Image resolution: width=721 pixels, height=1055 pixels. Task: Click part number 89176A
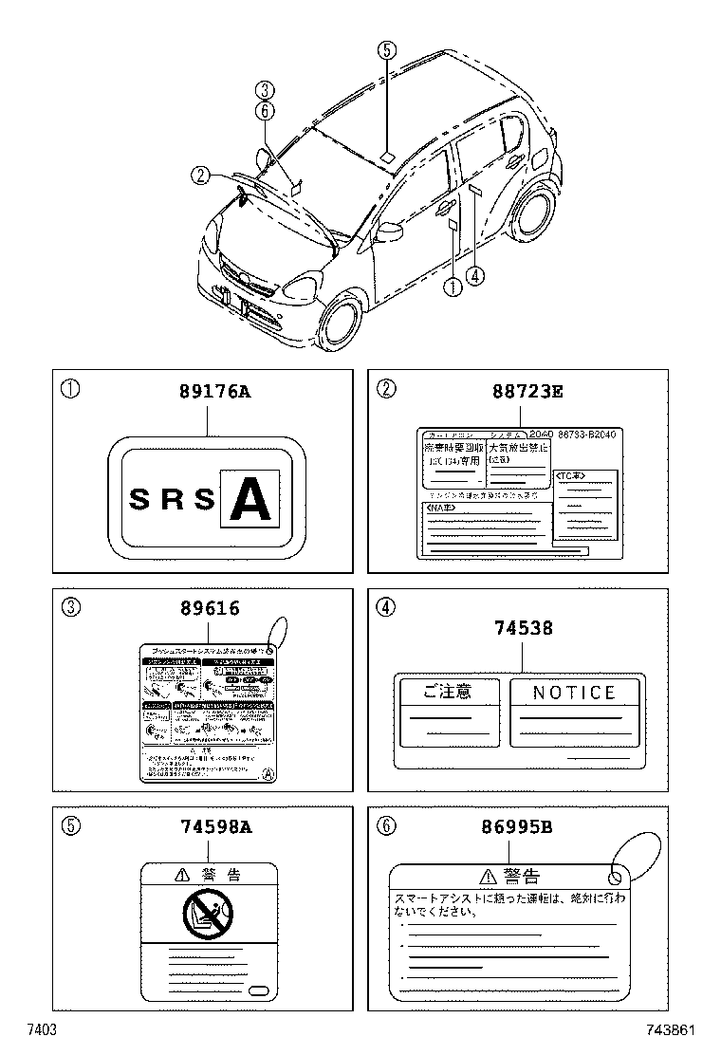(214, 392)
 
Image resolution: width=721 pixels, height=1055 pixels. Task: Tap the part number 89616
(209, 610)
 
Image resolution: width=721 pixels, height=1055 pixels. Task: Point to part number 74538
(524, 627)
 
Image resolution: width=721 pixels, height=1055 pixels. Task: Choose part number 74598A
(214, 827)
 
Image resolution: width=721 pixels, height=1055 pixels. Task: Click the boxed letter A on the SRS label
(250, 498)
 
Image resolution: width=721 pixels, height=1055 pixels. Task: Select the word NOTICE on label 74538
(574, 693)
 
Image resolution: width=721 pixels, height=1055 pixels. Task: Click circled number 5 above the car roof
(386, 50)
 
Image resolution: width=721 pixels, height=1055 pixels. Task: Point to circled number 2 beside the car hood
(199, 175)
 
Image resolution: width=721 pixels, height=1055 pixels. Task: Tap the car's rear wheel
(533, 213)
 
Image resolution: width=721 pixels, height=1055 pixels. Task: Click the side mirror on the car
(389, 231)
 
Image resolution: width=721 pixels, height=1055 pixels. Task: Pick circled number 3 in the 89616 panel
(71, 608)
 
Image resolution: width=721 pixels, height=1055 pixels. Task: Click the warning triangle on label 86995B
(488, 876)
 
